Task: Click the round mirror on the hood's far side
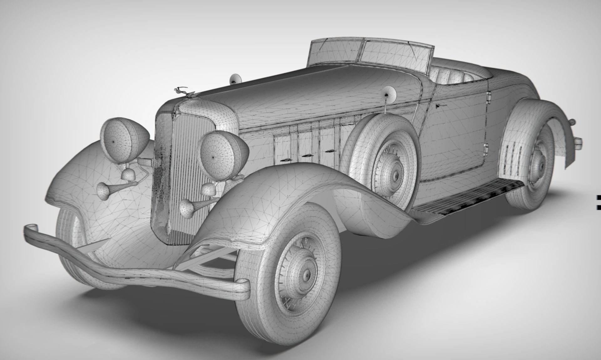point(236,80)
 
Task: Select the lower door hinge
point(486,150)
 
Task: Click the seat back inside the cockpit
point(454,77)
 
